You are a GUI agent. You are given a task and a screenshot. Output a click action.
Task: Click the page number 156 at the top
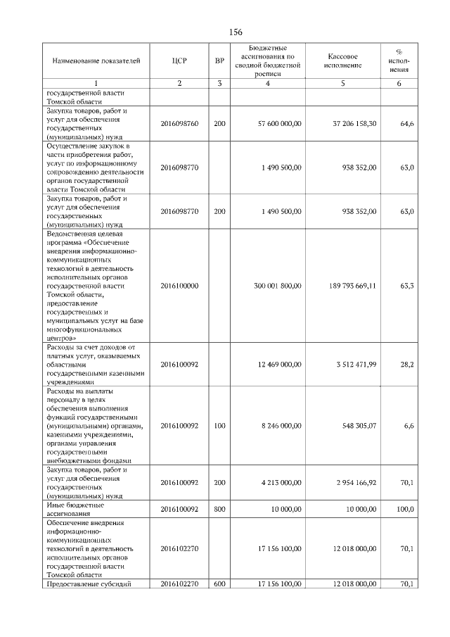point(236,32)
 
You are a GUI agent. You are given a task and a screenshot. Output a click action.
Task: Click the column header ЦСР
point(179,61)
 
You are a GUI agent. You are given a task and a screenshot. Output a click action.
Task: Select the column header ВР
point(219,61)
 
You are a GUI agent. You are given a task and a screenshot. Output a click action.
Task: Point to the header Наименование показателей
point(91,61)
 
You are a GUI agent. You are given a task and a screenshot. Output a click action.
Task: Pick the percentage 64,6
point(406,123)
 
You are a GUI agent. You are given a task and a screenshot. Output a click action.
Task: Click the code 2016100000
point(179,286)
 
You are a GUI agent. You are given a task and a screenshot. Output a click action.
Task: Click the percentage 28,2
point(406,365)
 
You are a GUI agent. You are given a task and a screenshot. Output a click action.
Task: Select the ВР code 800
point(219,509)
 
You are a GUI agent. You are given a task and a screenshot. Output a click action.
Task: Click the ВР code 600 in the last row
point(219,584)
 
